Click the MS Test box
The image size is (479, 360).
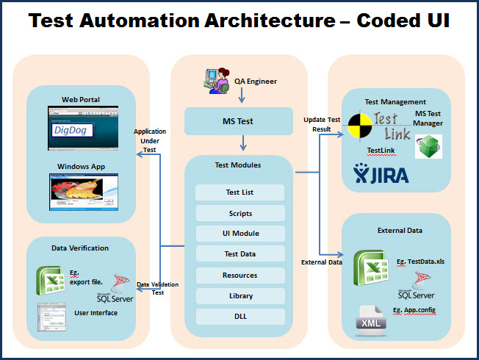point(239,120)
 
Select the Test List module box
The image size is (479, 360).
point(239,192)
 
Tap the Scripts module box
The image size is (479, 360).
point(239,213)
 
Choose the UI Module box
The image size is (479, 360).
point(239,234)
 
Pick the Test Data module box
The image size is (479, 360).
point(239,254)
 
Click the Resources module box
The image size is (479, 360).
point(239,275)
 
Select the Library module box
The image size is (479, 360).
point(239,295)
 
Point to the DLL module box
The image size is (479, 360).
point(239,316)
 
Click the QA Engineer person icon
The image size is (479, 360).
point(220,79)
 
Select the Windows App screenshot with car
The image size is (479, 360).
point(81,192)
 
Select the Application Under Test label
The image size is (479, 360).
point(149,140)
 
